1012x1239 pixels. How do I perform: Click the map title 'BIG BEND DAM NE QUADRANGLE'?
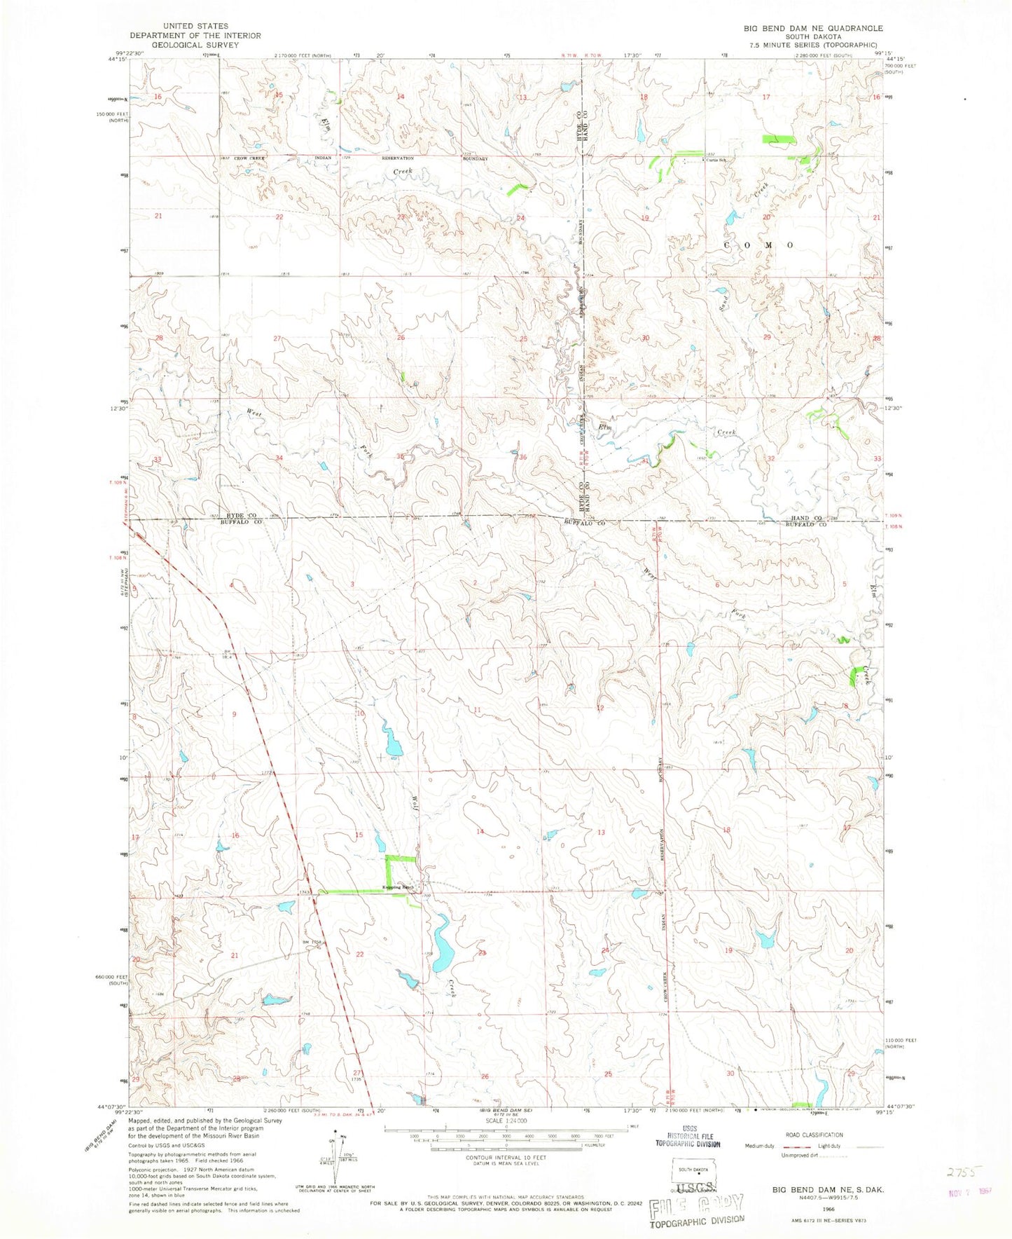click(x=803, y=28)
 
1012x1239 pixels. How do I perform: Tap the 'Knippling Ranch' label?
click(x=398, y=887)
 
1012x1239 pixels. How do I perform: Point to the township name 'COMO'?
click(x=759, y=245)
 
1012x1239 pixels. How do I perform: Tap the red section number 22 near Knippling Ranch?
click(x=360, y=954)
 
